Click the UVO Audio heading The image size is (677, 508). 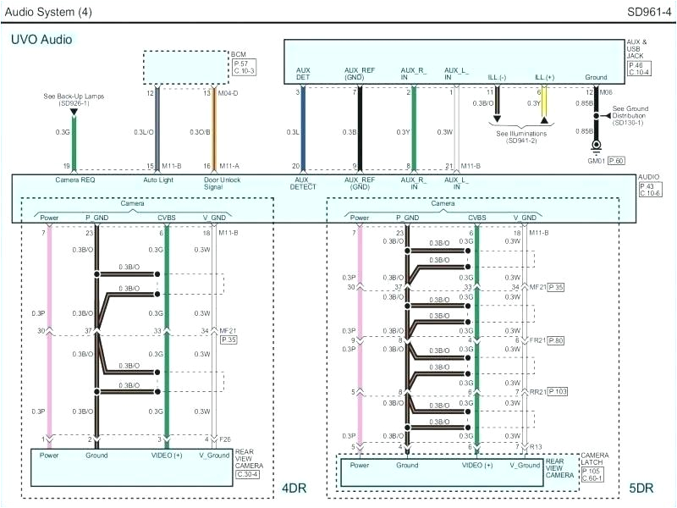41,39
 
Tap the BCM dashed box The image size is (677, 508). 186,67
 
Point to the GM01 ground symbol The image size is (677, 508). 596,149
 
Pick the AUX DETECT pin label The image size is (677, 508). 303,184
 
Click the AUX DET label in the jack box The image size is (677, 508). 303,74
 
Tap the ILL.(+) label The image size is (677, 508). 544,76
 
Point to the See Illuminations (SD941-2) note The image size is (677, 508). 521,136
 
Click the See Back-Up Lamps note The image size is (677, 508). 74,100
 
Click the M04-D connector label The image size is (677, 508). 228,93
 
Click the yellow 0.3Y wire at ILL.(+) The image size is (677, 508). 544,107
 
